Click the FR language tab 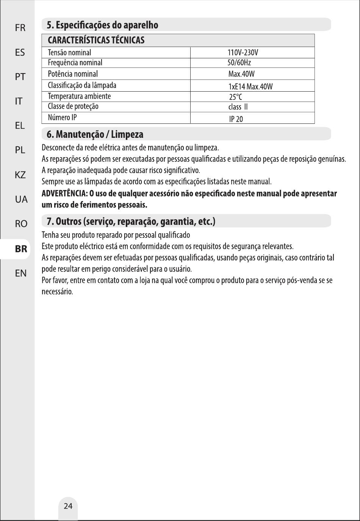click(x=20, y=28)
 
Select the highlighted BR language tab click(x=21, y=249)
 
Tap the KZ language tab click(x=20, y=175)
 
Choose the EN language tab click(x=21, y=273)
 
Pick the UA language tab click(x=21, y=199)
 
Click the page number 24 click(x=68, y=506)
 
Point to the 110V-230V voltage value click(x=243, y=53)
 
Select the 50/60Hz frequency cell click(x=239, y=62)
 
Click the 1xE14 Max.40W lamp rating click(x=250, y=87)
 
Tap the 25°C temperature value click(x=235, y=97)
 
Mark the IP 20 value click(x=236, y=119)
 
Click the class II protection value click(x=238, y=107)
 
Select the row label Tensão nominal click(x=69, y=53)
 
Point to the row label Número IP click(x=62, y=117)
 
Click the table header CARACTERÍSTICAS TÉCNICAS click(x=96, y=41)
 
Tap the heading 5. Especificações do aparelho click(x=102, y=25)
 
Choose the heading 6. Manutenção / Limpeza click(x=95, y=134)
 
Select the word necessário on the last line click(x=57, y=292)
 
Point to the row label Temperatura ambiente click(x=79, y=96)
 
